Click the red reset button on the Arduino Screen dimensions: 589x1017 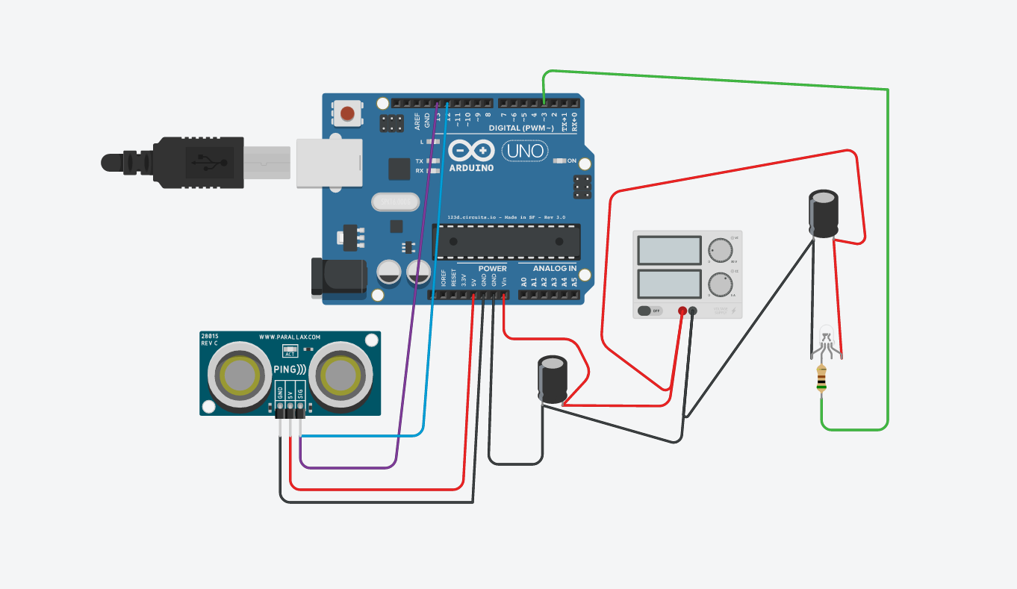click(x=348, y=113)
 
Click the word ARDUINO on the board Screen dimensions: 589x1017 click(x=471, y=168)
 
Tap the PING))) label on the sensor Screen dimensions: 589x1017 click(x=290, y=370)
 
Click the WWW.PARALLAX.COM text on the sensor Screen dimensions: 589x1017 click(x=290, y=337)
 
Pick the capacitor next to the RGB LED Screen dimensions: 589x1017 click(x=824, y=214)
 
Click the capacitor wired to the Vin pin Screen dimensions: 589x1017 click(x=553, y=380)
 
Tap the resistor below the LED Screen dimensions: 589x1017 click(x=822, y=379)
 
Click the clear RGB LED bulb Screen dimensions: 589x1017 click(x=826, y=334)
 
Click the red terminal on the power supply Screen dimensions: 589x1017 click(x=682, y=311)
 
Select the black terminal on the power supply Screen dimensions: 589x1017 click(x=693, y=311)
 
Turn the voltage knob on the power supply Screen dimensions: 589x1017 click(x=720, y=250)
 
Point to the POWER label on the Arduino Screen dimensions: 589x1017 click(x=492, y=268)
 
